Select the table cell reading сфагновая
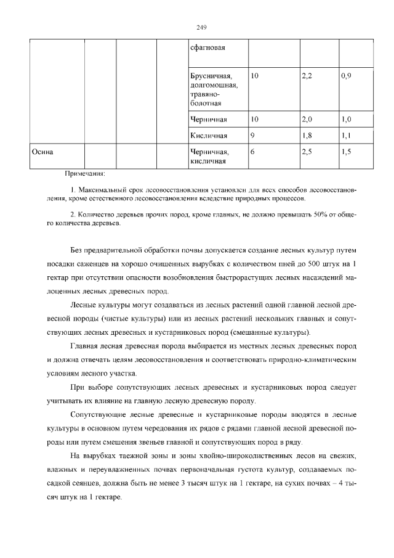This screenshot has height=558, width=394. (x=209, y=47)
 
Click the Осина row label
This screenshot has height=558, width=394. (x=42, y=152)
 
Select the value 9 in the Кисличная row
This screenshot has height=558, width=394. (x=253, y=135)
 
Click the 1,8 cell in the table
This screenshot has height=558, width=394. (x=307, y=135)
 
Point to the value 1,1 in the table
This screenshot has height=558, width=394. (x=346, y=135)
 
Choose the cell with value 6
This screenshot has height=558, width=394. (x=253, y=152)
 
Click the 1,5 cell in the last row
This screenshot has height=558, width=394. (x=346, y=152)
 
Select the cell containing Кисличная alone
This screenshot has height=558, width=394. (x=209, y=135)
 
